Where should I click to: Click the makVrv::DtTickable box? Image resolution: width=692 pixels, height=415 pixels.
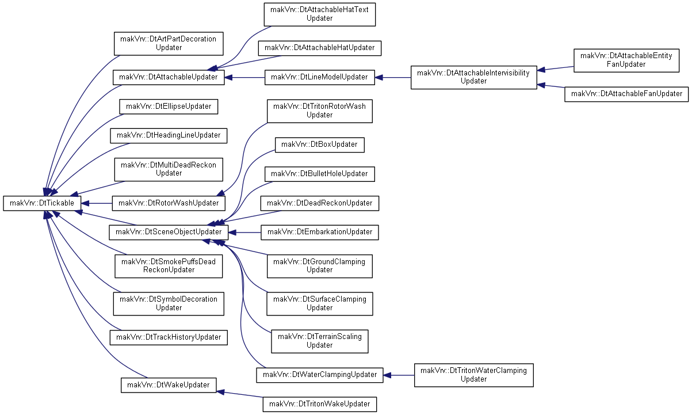[42, 203]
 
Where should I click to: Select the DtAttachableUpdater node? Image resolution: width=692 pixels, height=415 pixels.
[169, 77]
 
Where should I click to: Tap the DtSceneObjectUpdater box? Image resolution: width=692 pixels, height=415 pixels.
[169, 232]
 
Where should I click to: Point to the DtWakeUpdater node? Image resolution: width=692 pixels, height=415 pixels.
[169, 385]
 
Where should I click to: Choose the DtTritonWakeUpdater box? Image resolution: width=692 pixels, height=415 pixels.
[319, 404]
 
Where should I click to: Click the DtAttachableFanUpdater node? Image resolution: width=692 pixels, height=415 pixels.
[626, 94]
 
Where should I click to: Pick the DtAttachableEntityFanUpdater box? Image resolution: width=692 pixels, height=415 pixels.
[626, 60]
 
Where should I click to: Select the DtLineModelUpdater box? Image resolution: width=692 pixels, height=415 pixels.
[319, 77]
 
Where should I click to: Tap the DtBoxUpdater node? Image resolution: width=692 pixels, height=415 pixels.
[319, 144]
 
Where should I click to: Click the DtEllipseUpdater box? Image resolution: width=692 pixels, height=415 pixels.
[169, 106]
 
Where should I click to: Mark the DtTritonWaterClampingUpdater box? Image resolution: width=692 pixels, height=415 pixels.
[473, 375]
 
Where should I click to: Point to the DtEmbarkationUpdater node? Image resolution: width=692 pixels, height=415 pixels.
[319, 232]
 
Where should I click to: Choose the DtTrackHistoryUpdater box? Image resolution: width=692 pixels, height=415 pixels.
[169, 337]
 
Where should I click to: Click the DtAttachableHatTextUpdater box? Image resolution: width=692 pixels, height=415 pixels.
[319, 14]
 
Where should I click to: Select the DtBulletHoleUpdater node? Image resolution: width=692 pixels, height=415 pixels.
[319, 174]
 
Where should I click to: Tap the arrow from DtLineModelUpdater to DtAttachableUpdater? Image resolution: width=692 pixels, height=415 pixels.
[244, 77]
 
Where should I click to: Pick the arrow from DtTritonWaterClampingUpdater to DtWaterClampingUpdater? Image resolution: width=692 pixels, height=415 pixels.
[399, 375]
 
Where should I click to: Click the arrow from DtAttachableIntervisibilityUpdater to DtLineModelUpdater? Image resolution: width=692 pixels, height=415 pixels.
[393, 77]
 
